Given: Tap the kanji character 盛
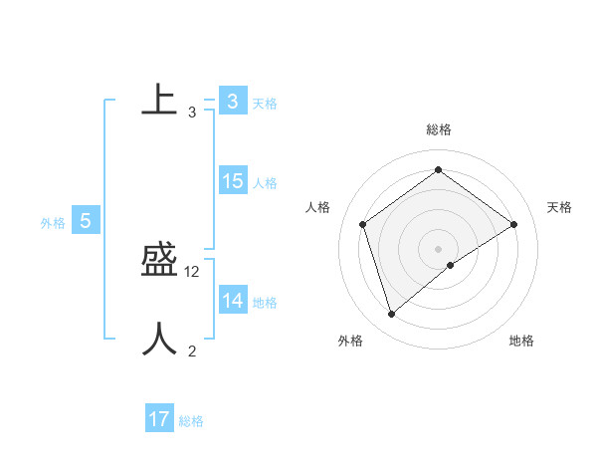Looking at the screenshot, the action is tap(159, 260).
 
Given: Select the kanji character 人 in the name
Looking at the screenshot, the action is tap(159, 339).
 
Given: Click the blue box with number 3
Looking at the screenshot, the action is tap(232, 102).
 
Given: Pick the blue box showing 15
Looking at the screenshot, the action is tap(232, 181).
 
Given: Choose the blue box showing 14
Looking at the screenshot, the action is tap(232, 301).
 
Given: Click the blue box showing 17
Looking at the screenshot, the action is tap(159, 419).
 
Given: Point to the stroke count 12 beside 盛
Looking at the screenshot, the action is tap(193, 272).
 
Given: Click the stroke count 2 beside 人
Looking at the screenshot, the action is tap(192, 351).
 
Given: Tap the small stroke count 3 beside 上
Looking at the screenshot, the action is tap(192, 113).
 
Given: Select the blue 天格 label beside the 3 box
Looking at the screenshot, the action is tap(265, 103).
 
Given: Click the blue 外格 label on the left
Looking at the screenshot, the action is tap(53, 223).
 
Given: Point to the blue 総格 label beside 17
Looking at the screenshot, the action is tap(191, 421).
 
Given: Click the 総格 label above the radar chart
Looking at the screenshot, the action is tap(439, 129).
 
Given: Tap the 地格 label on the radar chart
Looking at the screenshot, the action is tap(521, 341).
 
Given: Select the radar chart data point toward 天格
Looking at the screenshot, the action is tap(514, 224).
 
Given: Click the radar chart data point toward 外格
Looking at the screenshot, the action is tap(392, 315).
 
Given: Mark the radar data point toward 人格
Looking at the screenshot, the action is tap(363, 224).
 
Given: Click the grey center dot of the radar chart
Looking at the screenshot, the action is tap(439, 248).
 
